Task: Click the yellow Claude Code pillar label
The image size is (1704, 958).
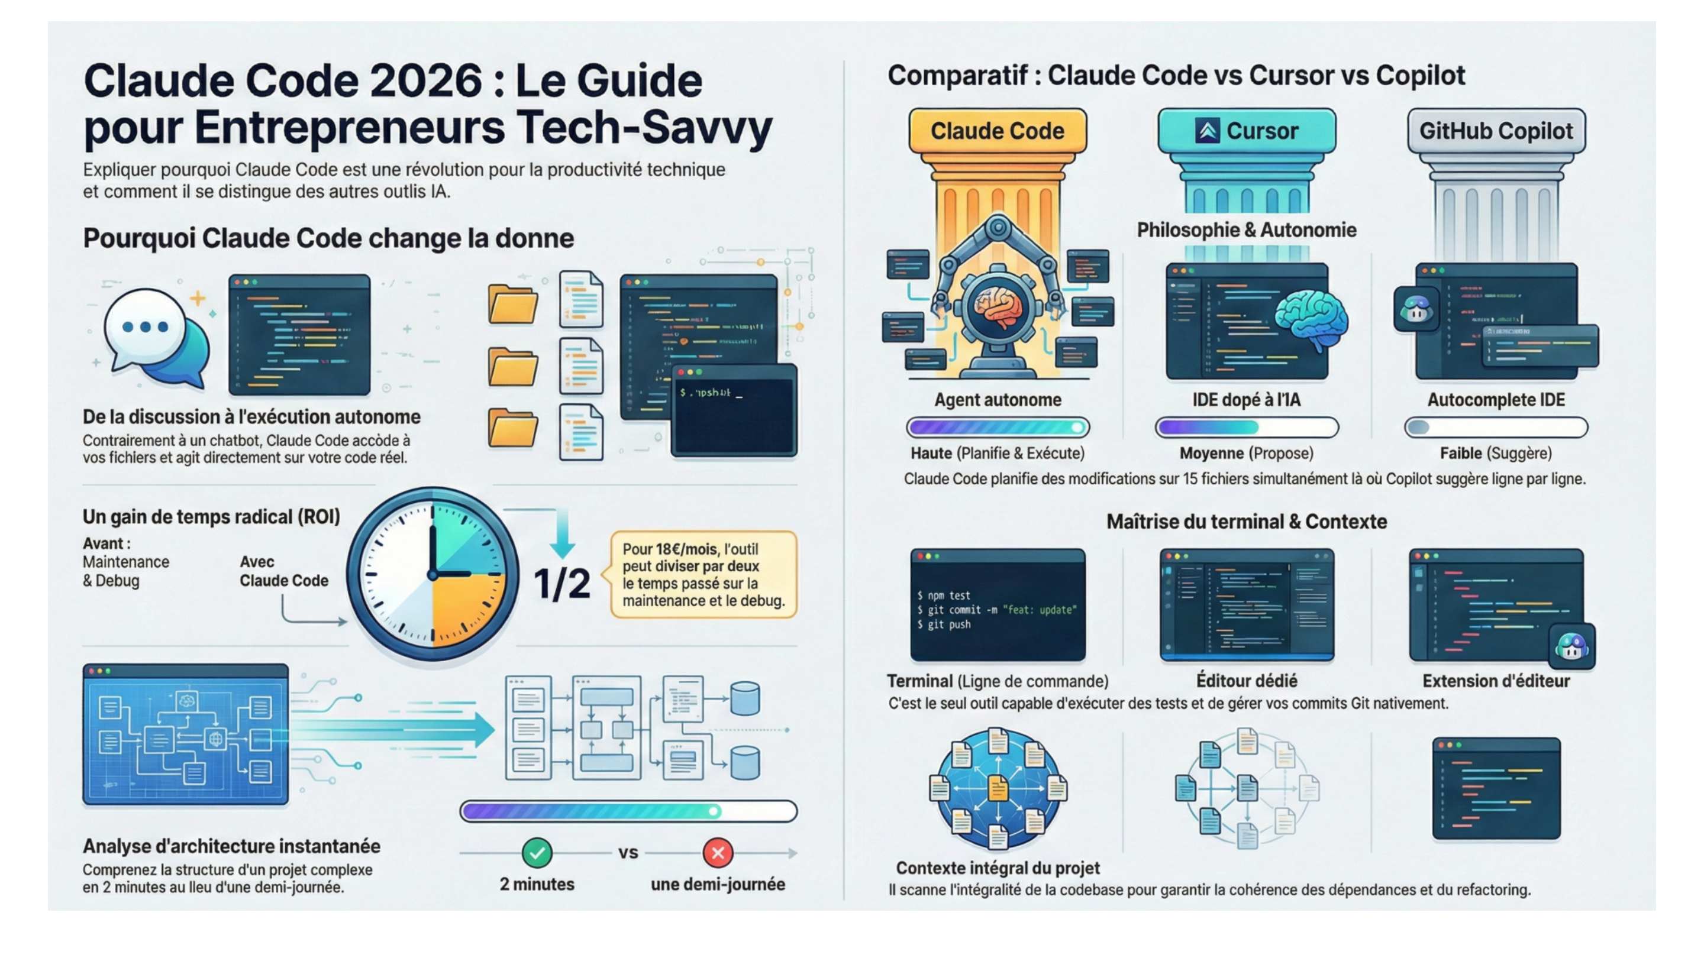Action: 997,131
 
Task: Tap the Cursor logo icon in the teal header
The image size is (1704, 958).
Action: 1206,131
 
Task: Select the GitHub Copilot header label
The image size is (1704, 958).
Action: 1496,131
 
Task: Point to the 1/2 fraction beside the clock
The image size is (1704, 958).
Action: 561,584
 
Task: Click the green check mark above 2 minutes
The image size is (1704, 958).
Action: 537,853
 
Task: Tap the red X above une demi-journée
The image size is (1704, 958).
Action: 718,853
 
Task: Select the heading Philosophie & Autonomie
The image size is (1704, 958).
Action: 1246,230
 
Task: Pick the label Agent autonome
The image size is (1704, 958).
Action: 998,400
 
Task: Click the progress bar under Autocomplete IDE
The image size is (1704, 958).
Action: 1496,428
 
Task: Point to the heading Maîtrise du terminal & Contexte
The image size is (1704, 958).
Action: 1246,522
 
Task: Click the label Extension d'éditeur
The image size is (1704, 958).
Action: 1496,681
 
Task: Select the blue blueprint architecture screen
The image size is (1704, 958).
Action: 186,734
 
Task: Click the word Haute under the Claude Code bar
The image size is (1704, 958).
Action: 931,454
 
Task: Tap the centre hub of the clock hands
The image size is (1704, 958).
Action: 433,575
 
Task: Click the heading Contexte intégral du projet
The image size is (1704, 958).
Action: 998,868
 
